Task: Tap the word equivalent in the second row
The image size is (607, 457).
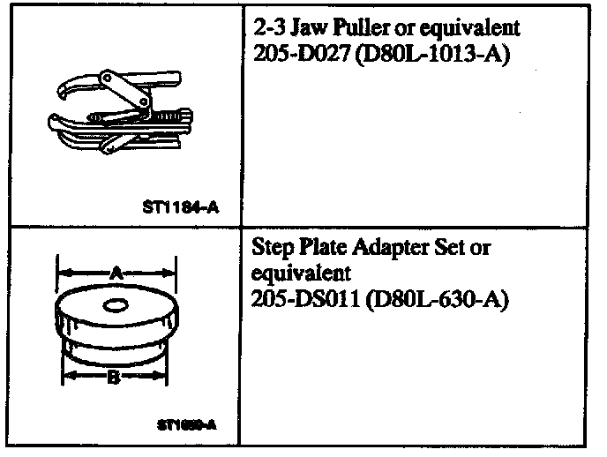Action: click(x=301, y=275)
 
